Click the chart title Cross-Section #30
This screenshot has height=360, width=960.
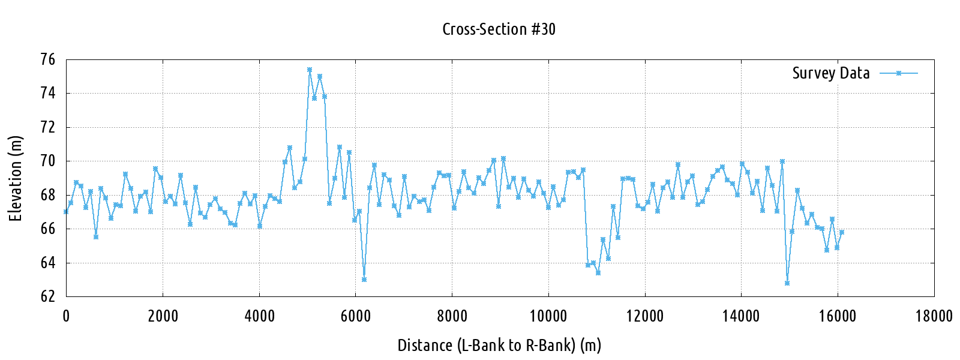point(499,29)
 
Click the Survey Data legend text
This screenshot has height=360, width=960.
point(830,73)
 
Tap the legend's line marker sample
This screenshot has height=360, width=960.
point(899,73)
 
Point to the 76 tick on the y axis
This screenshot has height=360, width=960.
point(47,59)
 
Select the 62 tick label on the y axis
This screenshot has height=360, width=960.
point(47,296)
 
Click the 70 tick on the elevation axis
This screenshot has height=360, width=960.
point(47,161)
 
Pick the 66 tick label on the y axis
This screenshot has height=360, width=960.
point(47,229)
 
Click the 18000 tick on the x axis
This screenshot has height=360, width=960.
point(934,316)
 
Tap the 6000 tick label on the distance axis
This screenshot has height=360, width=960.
point(355,316)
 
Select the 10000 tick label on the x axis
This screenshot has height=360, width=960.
point(548,316)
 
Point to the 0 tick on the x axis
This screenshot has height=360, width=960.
point(66,316)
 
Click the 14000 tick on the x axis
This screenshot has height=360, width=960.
point(741,316)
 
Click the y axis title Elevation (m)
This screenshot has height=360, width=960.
point(16,178)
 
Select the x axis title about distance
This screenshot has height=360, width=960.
point(499,345)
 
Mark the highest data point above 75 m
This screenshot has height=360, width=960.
point(310,70)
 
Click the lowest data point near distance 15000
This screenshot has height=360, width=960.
point(787,283)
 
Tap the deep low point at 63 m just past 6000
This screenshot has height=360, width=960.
point(364,280)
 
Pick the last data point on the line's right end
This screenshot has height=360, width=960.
point(842,232)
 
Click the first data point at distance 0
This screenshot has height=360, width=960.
point(66,212)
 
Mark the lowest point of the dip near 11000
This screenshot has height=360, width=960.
point(598,273)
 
